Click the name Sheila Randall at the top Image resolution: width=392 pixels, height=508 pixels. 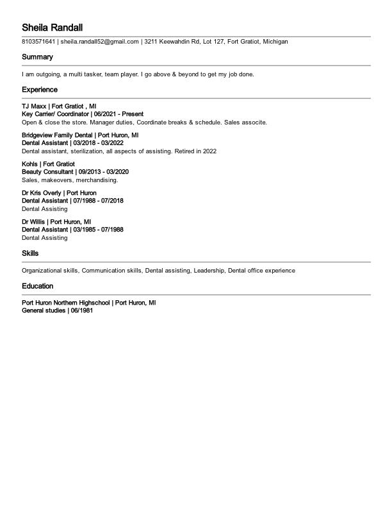52,28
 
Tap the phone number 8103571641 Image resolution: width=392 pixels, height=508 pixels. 38,42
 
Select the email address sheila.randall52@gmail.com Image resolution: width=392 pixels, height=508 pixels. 100,42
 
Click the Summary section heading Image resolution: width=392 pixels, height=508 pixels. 37,57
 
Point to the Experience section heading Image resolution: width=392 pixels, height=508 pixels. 40,90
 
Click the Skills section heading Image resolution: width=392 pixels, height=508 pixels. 30,253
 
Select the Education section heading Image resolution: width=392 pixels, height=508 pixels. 37,286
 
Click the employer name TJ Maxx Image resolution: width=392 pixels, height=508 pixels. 33,106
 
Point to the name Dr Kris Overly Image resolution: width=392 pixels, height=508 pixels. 42,192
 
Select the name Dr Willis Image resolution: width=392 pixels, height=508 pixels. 33,221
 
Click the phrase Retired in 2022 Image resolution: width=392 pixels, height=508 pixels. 195,151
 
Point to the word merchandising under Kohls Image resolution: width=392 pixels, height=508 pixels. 97,180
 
